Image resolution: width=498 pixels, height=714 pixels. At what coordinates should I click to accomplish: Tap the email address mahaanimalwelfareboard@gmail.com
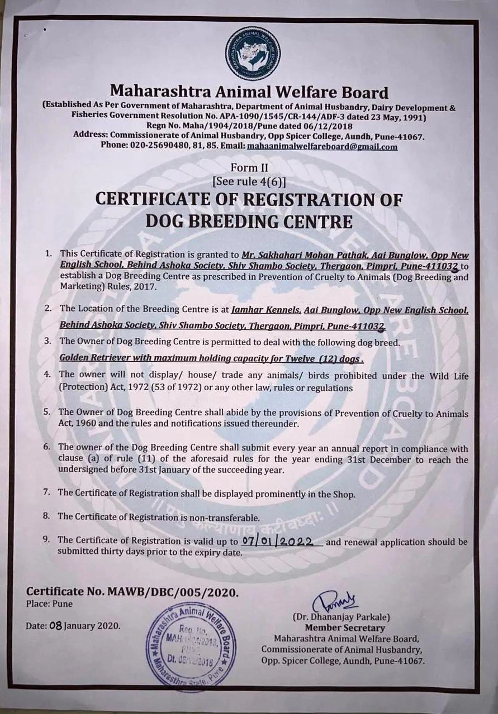322,147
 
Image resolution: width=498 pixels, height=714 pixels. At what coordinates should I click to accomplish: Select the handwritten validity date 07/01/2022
282,541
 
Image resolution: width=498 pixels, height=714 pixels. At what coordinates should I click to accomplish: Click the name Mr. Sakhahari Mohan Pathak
293,254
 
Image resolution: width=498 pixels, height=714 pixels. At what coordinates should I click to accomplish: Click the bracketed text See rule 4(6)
249,181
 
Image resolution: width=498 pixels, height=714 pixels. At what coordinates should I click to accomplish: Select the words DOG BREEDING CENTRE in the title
249,222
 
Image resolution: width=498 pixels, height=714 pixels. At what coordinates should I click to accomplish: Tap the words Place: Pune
49,603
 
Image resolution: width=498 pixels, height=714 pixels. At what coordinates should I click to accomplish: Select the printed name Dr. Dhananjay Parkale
341,617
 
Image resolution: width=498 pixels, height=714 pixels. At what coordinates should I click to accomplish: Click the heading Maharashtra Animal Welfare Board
249,91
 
